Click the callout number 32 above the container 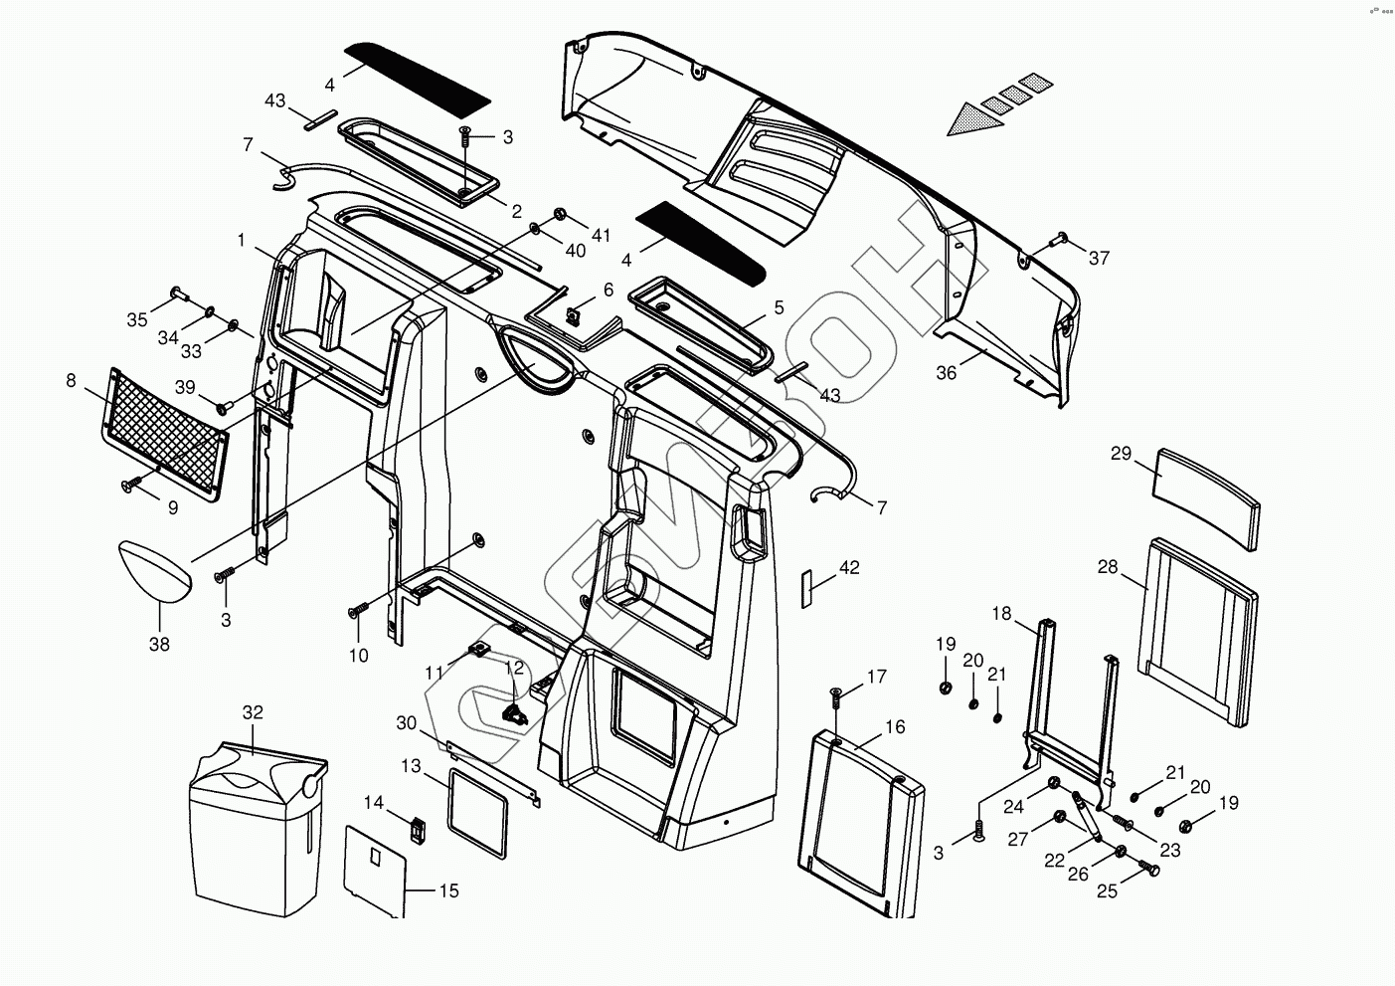(253, 712)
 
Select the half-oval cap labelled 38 (156, 570)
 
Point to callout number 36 (947, 372)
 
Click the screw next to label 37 (1060, 238)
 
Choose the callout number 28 (1108, 567)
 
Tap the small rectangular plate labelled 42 (807, 588)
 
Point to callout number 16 (895, 727)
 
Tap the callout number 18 (1000, 614)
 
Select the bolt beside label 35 (178, 292)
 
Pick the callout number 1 (241, 241)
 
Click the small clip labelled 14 (419, 828)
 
